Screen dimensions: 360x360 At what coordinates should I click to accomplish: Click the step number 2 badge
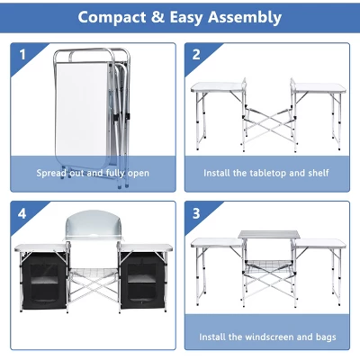[x=195, y=53]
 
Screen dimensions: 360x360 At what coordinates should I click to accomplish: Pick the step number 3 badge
[x=195, y=215]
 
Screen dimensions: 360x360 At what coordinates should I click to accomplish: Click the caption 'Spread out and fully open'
[x=93, y=173]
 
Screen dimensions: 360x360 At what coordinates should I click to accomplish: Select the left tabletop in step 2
[x=217, y=88]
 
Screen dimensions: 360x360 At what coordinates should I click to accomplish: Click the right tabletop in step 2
[x=315, y=88]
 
